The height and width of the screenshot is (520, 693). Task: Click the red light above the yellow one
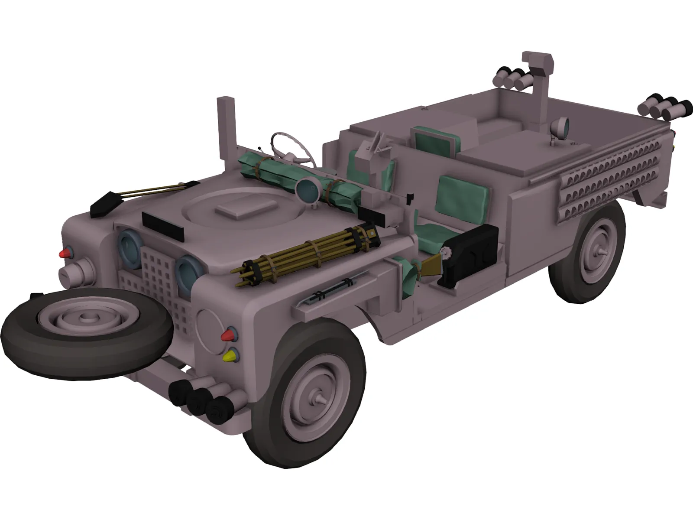click(228, 335)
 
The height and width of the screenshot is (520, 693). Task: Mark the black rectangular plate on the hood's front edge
click(162, 226)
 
